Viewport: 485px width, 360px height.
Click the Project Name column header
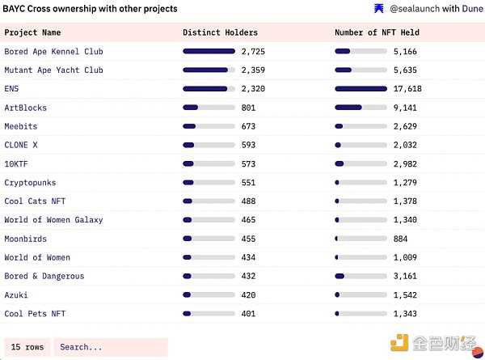[x=32, y=32]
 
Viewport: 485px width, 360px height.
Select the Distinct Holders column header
[x=221, y=32]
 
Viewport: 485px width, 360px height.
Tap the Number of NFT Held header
[x=377, y=32]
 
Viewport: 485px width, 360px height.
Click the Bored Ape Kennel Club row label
[x=53, y=51]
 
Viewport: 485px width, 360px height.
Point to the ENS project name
[x=12, y=88]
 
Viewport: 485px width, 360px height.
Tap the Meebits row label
[x=21, y=126]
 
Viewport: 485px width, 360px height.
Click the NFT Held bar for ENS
[x=361, y=89]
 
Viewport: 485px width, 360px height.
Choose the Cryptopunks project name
[x=30, y=182]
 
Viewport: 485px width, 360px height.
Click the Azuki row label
[x=16, y=294]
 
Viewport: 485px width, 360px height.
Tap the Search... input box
[x=110, y=347]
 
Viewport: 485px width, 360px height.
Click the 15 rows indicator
[x=27, y=347]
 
